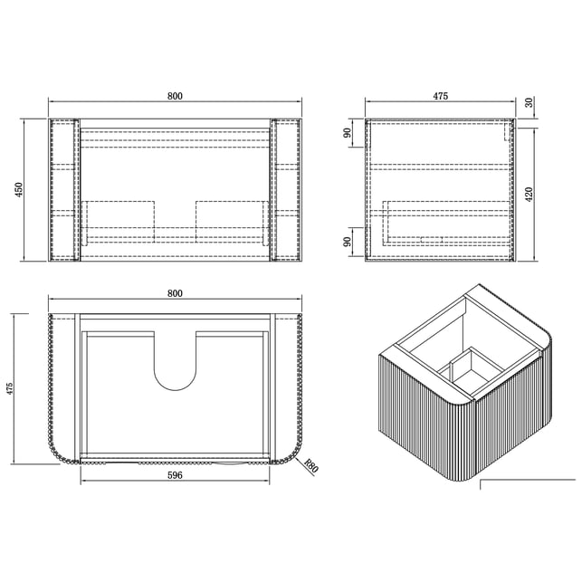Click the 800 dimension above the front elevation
click(x=175, y=96)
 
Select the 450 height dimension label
click(x=19, y=189)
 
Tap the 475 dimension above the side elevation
click(x=441, y=96)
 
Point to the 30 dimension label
click(x=530, y=102)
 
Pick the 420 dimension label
click(x=530, y=195)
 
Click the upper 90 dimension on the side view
click(x=347, y=133)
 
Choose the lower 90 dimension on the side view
click(x=347, y=242)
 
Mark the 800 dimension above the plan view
click(x=175, y=293)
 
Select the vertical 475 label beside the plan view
click(x=10, y=388)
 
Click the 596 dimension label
click(x=175, y=474)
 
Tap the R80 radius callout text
click(x=310, y=466)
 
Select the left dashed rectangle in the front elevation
click(x=118, y=222)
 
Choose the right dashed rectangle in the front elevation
click(x=232, y=222)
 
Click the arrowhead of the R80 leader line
click(x=298, y=459)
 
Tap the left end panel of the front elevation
click(x=64, y=190)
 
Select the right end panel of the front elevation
click(x=286, y=190)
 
